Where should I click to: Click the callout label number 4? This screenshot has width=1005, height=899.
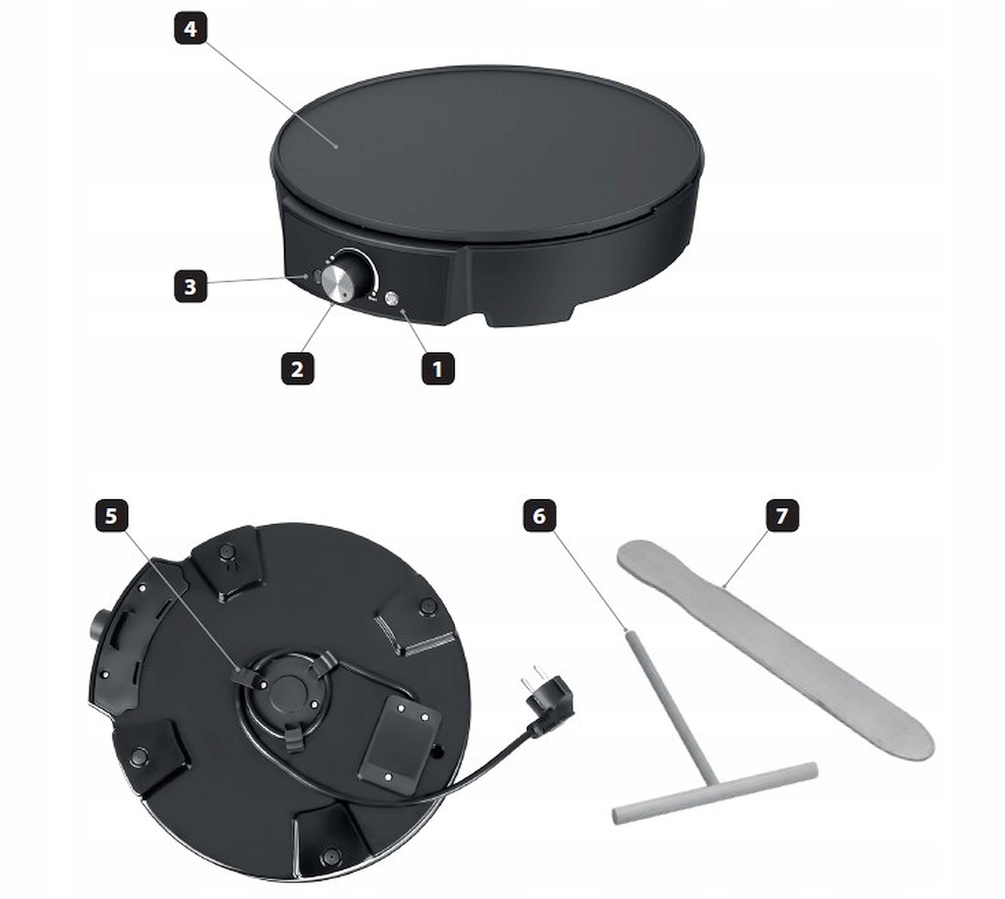[x=191, y=29]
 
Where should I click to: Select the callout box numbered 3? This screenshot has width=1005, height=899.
[x=191, y=286]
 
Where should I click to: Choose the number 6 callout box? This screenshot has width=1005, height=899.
[x=539, y=516]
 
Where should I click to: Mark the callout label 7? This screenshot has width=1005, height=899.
[x=782, y=516]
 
